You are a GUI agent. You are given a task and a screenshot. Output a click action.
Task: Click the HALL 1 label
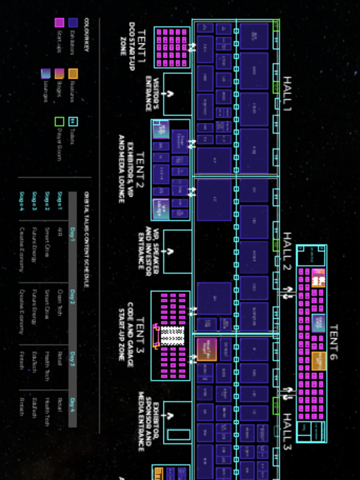(x=286, y=94)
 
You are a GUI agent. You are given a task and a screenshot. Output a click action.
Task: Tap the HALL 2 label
(x=286, y=253)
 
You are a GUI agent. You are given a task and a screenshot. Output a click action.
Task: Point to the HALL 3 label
(x=286, y=432)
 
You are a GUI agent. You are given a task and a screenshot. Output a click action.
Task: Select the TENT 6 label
(x=333, y=342)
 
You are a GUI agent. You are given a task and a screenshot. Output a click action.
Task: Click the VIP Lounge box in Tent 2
(x=161, y=209)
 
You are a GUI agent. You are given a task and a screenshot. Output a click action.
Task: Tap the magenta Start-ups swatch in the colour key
(x=60, y=22)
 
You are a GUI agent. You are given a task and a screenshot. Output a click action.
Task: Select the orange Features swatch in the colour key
(x=73, y=74)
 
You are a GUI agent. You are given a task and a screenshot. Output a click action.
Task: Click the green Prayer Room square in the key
(x=60, y=122)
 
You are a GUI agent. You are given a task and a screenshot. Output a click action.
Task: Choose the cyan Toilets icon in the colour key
(x=73, y=122)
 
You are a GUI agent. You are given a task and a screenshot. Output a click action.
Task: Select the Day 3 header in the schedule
(x=73, y=358)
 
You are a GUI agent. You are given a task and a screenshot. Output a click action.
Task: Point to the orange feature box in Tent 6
(x=319, y=360)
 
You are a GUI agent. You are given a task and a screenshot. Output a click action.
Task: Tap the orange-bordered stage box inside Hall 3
(x=206, y=349)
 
